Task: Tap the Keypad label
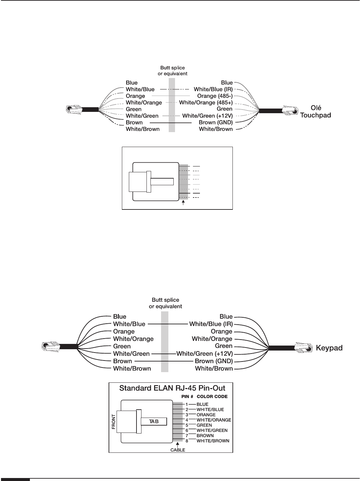click(x=328, y=348)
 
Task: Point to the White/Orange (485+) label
click(x=206, y=103)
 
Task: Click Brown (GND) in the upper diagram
click(x=216, y=122)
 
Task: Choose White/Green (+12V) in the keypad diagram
click(x=205, y=354)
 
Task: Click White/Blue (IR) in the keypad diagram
click(x=211, y=324)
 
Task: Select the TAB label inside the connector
click(x=154, y=421)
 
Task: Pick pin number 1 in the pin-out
click(x=187, y=404)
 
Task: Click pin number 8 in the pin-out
click(x=187, y=441)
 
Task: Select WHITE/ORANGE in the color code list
click(x=214, y=420)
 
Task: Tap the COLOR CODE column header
click(x=212, y=397)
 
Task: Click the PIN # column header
click(x=187, y=397)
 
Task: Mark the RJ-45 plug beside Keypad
click(x=303, y=348)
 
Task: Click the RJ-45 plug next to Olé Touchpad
click(x=290, y=111)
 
